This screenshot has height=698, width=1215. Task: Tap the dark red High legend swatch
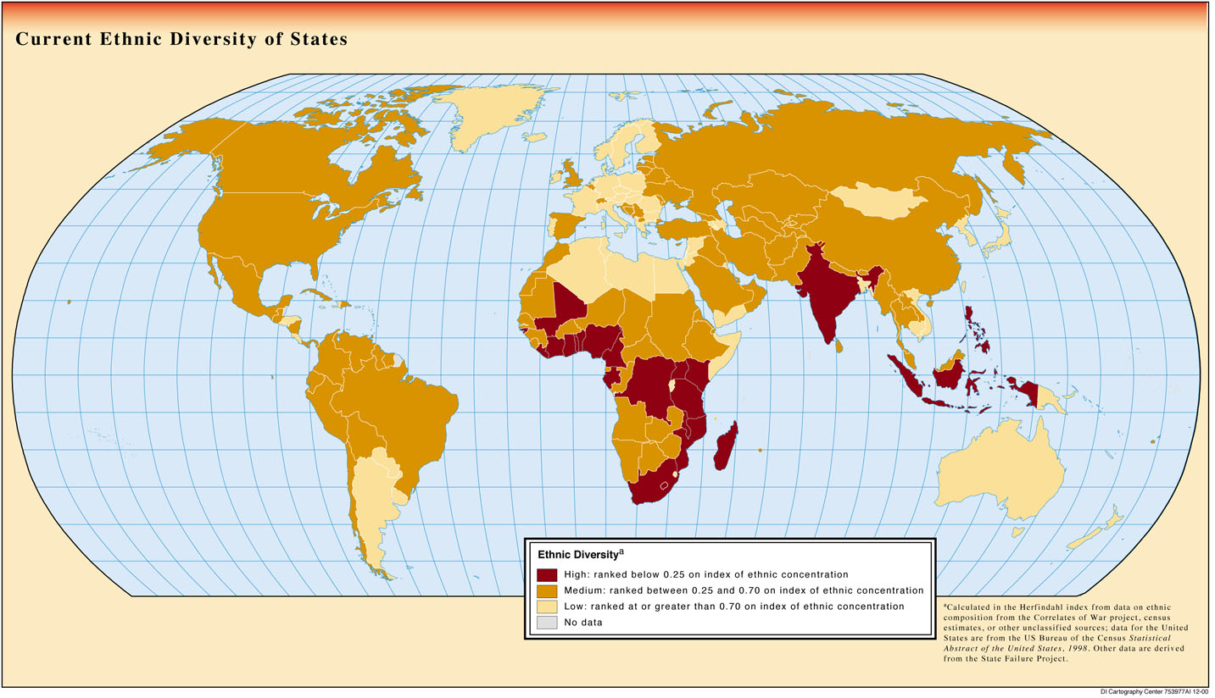click(x=547, y=574)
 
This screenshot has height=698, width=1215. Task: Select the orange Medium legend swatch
click(x=547, y=590)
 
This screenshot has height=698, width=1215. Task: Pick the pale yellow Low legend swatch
click(x=547, y=607)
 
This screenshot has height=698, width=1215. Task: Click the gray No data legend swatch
click(x=547, y=623)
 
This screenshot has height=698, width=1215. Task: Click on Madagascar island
click(x=726, y=447)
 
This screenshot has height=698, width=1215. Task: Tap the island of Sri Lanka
click(x=839, y=346)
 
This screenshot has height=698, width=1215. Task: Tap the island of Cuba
click(x=319, y=295)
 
